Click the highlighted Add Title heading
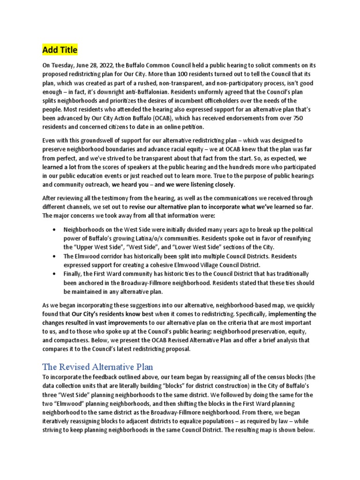tap(60, 50)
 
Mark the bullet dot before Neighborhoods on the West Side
tap(55, 229)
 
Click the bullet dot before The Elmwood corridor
tap(55, 256)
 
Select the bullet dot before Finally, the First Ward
tap(55, 274)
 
